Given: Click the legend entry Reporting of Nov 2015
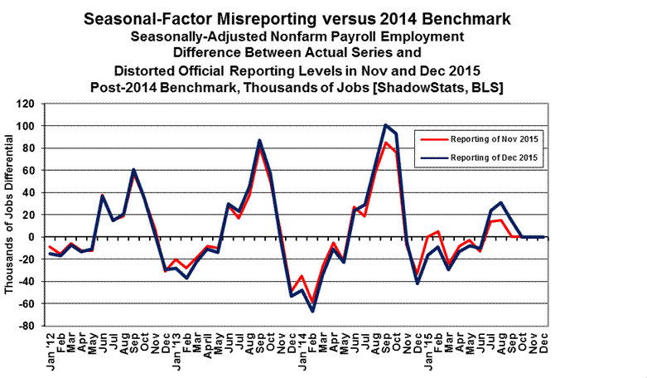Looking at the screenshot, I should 491,138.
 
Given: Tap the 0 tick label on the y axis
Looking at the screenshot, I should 36,237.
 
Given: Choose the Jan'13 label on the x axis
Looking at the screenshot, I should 176,347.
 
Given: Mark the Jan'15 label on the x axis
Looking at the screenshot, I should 427,347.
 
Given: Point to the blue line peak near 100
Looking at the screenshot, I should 386,125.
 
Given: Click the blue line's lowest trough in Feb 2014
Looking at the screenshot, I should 313,312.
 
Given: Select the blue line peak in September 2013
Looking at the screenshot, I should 260,140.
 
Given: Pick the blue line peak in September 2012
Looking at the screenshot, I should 134,169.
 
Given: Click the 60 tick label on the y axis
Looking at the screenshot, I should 32,170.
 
